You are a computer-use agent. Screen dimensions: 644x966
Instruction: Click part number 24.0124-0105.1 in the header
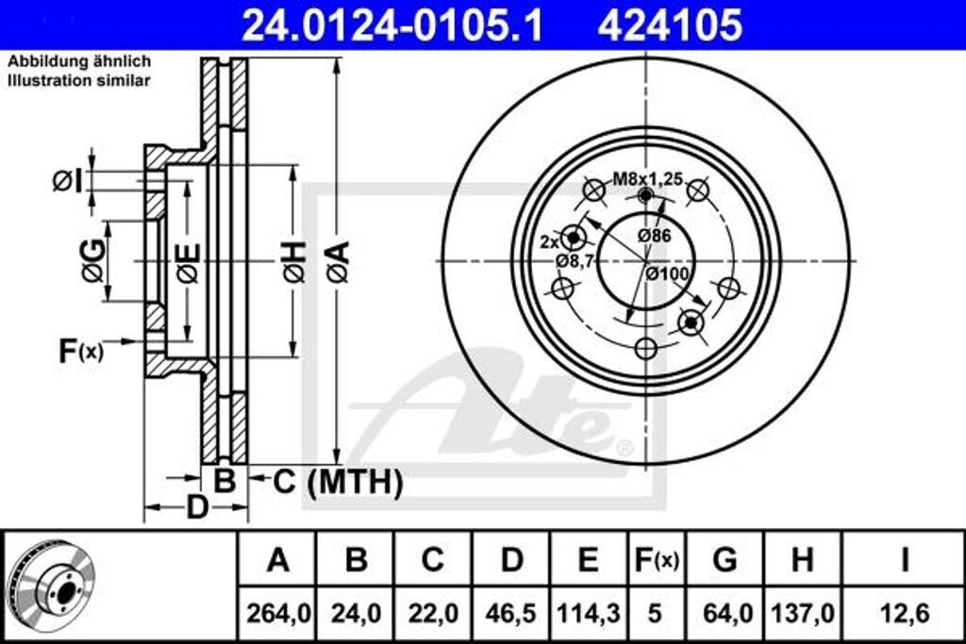(x=392, y=25)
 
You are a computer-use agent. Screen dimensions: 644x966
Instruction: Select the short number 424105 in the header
(x=669, y=25)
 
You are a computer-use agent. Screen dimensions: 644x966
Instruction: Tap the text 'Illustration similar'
(x=79, y=81)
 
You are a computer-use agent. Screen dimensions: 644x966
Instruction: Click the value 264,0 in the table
(x=277, y=613)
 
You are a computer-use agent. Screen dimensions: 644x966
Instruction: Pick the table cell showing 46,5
(x=510, y=613)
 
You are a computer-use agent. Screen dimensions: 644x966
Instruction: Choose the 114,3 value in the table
(x=588, y=613)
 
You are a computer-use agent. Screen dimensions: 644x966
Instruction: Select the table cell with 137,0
(x=802, y=613)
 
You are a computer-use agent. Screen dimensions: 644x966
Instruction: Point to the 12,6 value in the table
(x=903, y=613)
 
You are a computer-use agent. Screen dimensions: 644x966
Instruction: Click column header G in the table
(x=724, y=560)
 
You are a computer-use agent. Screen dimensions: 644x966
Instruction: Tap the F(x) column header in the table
(x=655, y=560)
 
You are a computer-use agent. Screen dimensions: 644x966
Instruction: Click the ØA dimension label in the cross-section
(x=339, y=262)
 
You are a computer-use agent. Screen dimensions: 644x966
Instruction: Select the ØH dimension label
(x=294, y=262)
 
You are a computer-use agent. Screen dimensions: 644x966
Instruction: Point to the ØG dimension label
(x=92, y=260)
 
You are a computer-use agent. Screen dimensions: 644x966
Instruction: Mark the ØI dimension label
(x=68, y=179)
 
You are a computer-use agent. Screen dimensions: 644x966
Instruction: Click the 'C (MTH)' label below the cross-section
(x=338, y=482)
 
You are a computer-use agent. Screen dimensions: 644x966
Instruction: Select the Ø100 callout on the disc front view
(x=667, y=274)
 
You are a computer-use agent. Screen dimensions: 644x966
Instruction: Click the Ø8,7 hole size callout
(x=573, y=261)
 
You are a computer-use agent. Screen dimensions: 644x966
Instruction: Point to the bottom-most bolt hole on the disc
(x=645, y=348)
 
